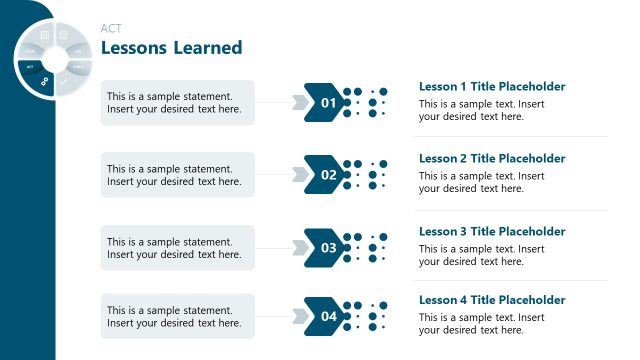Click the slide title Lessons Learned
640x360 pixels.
pyautogui.click(x=171, y=47)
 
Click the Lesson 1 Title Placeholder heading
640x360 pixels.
pyautogui.click(x=492, y=87)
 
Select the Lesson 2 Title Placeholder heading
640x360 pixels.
pyautogui.click(x=492, y=158)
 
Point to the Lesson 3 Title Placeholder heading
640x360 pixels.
pyautogui.click(x=492, y=231)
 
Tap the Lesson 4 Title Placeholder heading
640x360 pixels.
pyautogui.click(x=492, y=300)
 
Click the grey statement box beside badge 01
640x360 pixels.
pyautogui.click(x=177, y=103)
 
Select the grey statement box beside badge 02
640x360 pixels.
pyautogui.click(x=177, y=175)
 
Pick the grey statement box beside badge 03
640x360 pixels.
pyautogui.click(x=177, y=247)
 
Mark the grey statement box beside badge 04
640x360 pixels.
pyautogui.click(x=177, y=316)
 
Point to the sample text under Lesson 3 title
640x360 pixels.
pyautogui.click(x=481, y=255)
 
